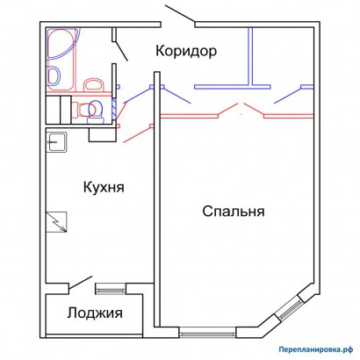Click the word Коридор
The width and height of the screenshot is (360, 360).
[x=186, y=51]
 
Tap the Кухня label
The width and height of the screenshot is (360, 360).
[x=104, y=187]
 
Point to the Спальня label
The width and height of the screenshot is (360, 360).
[x=234, y=212]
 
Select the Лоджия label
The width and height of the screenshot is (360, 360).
[x=95, y=313]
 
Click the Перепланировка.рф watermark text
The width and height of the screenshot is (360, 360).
[x=316, y=349]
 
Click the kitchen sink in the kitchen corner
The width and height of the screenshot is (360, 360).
[x=57, y=141]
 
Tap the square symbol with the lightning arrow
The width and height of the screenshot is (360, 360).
[x=56, y=222]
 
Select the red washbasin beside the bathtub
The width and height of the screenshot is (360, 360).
[x=94, y=84]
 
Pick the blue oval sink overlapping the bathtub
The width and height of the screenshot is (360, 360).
[x=54, y=76]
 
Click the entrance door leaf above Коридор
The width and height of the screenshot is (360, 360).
[x=180, y=14]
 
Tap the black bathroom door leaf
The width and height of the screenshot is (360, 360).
[x=121, y=51]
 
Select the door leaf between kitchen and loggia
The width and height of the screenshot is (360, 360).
[x=81, y=282]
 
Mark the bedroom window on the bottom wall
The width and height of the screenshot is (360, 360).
[x=207, y=333]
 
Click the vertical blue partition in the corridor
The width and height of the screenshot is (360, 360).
[x=250, y=56]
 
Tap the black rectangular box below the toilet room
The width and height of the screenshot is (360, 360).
[x=103, y=135]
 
